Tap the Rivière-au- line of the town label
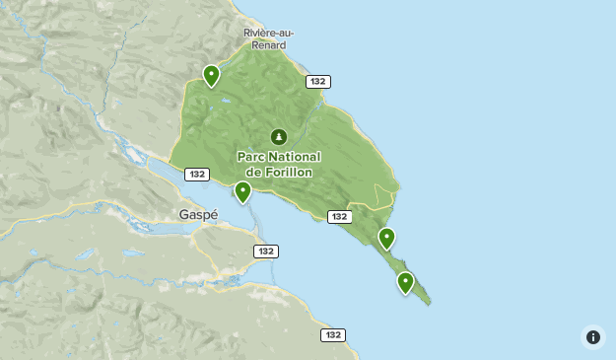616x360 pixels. coord(269,34)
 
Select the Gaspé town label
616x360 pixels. coord(198,214)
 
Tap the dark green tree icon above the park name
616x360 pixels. coord(279,137)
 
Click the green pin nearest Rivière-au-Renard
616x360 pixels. coord(211,74)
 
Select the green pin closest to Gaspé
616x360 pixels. coord(242,191)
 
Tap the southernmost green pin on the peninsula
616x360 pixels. coord(404,282)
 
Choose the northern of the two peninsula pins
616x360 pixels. coord(386,238)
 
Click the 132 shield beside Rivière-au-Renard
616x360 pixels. coord(317,82)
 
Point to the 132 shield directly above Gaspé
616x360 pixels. coord(197,175)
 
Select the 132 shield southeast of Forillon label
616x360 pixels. coord(340,216)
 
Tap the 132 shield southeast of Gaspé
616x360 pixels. coord(265,252)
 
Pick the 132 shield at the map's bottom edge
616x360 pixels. coord(333,335)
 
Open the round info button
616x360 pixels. coord(593,337)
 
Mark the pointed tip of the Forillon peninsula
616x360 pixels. coord(429,304)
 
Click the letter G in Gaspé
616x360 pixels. coord(184,214)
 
